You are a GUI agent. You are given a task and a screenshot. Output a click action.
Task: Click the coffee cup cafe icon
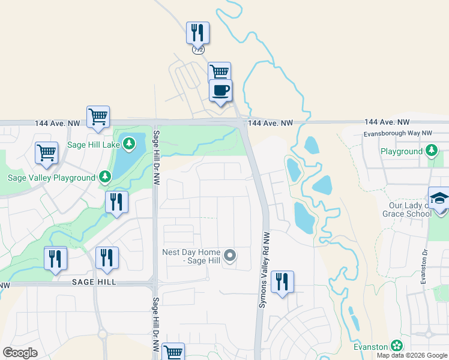point(220,91)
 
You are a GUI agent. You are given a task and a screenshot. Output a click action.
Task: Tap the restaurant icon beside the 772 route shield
point(198,32)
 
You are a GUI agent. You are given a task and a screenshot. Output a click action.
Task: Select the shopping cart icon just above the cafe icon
point(220,73)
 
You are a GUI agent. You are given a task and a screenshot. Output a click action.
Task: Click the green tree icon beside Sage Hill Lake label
point(129,144)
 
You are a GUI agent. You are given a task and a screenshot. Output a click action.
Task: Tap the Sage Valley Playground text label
point(52,178)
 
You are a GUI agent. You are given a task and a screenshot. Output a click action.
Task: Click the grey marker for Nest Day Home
point(229,257)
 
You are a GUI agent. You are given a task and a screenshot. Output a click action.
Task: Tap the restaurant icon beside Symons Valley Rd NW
point(282,281)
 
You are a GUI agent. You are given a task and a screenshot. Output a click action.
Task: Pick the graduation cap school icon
point(439,197)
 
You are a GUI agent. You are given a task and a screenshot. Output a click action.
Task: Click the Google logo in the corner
point(20,353)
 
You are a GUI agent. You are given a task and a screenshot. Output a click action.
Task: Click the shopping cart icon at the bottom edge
point(173,352)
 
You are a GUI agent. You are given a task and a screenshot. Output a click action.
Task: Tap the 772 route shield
point(198,50)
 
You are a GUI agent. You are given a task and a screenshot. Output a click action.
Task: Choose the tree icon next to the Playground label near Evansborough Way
point(432,151)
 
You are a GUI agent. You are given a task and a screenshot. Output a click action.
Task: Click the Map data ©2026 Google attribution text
point(412,355)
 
